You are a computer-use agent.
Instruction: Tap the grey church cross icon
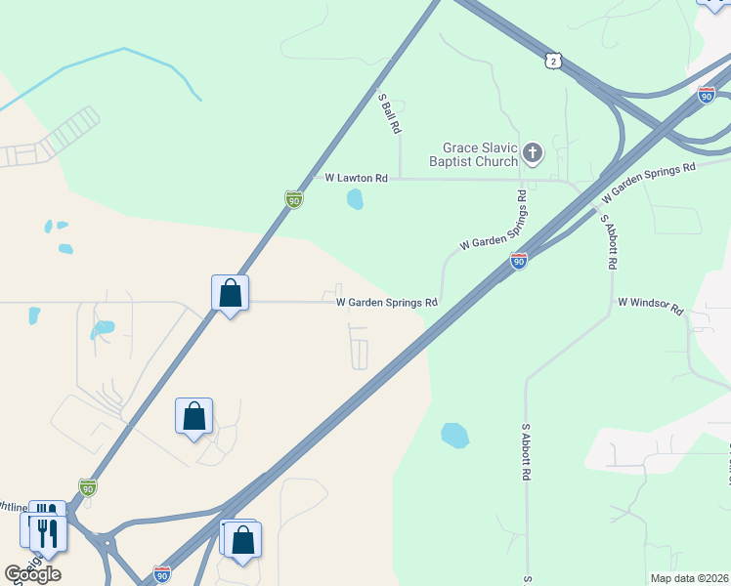click(x=533, y=151)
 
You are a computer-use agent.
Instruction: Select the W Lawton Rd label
click(x=357, y=179)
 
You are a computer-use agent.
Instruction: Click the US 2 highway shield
click(x=554, y=62)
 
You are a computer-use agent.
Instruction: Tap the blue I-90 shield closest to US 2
click(x=707, y=95)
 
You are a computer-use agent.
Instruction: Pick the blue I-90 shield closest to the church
click(x=519, y=261)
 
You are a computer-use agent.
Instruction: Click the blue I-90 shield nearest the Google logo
click(x=162, y=573)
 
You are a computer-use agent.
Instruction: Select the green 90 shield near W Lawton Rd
click(x=293, y=199)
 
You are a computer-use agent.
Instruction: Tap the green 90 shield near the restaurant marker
click(x=88, y=487)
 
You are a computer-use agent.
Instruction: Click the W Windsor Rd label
click(x=650, y=305)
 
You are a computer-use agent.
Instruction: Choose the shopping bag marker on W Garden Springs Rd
click(x=231, y=292)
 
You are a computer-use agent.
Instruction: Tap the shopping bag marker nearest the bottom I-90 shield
click(x=242, y=539)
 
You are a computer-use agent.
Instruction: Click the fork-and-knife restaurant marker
click(x=47, y=532)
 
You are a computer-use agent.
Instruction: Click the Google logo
click(x=32, y=574)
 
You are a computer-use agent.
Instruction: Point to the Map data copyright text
click(x=689, y=578)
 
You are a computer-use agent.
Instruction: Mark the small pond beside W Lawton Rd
click(x=355, y=200)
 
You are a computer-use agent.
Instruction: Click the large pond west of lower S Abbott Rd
click(x=454, y=435)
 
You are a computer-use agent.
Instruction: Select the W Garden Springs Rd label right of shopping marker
click(x=386, y=303)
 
